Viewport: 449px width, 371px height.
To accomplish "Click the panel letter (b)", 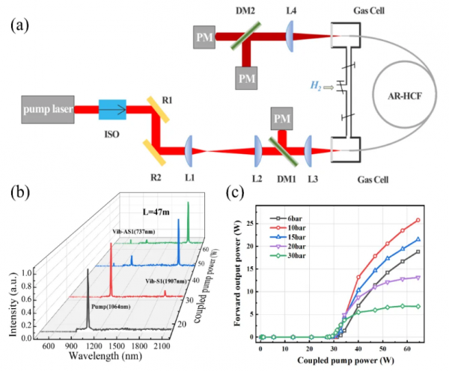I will pos(21,191).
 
